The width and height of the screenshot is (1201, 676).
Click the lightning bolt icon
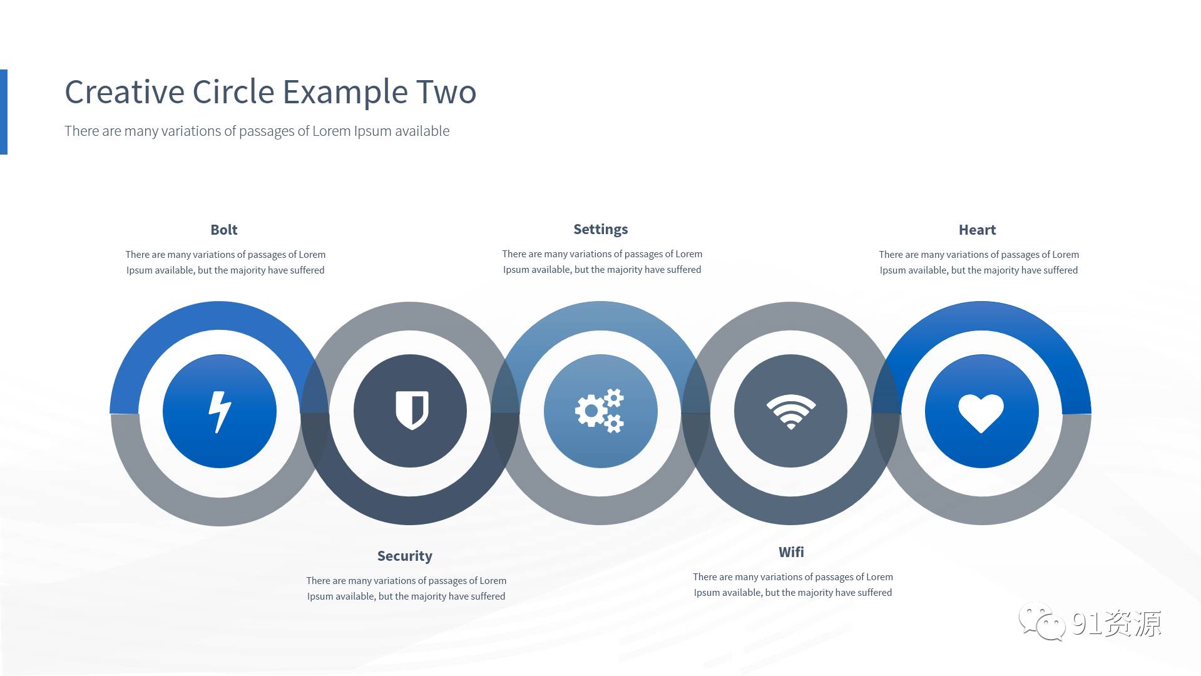(220, 412)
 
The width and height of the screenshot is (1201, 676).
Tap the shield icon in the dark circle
(412, 410)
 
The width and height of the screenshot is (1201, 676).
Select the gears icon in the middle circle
(600, 411)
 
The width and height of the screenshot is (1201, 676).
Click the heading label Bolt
(224, 230)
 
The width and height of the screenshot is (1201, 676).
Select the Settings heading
(601, 229)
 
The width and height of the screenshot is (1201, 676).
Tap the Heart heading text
(977, 230)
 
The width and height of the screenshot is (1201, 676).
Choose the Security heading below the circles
(405, 556)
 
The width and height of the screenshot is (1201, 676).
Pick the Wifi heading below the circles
(791, 552)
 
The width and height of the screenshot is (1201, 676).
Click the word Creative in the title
(125, 92)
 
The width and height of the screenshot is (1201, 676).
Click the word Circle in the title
(233, 92)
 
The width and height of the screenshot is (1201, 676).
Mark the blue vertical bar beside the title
(4, 111)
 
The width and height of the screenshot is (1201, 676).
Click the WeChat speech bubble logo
(1041, 622)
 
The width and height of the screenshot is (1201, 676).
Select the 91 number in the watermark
(1086, 623)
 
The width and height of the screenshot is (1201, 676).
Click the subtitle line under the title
(257, 131)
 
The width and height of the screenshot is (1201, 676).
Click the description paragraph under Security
(406, 588)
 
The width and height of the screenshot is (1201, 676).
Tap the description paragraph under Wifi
(793, 585)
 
